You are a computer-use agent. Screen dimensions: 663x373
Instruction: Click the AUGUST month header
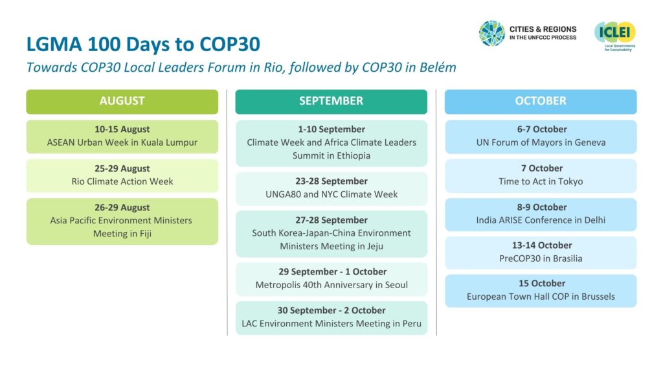[x=122, y=102]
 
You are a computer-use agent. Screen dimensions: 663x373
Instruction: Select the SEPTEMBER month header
[x=331, y=102]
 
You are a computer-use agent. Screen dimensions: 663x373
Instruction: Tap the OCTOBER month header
[x=541, y=102]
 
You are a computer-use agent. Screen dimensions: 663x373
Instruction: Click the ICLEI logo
[x=615, y=36]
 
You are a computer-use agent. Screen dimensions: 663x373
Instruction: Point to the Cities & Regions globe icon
[x=492, y=34]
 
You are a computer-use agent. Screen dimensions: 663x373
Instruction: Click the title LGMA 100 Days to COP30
[x=143, y=44]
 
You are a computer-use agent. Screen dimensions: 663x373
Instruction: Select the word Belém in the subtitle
[x=438, y=67]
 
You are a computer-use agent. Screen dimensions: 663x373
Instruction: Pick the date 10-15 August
[x=122, y=130]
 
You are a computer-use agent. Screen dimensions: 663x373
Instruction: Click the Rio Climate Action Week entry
[x=122, y=181]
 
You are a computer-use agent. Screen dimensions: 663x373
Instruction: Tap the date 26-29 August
[x=122, y=208]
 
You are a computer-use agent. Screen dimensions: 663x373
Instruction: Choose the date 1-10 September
[x=331, y=130]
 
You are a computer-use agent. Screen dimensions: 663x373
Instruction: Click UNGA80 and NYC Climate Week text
[x=331, y=194]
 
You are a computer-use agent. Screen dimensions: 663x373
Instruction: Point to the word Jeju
[x=373, y=246]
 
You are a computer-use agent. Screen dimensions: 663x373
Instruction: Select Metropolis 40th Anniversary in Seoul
[x=331, y=285]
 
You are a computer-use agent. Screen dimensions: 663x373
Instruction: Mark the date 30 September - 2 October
[x=331, y=310]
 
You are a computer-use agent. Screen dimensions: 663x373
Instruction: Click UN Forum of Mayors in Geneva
[x=541, y=142]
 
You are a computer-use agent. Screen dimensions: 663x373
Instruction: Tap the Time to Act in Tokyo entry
[x=541, y=181]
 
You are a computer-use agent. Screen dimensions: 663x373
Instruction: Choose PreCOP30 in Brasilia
[x=541, y=258]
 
